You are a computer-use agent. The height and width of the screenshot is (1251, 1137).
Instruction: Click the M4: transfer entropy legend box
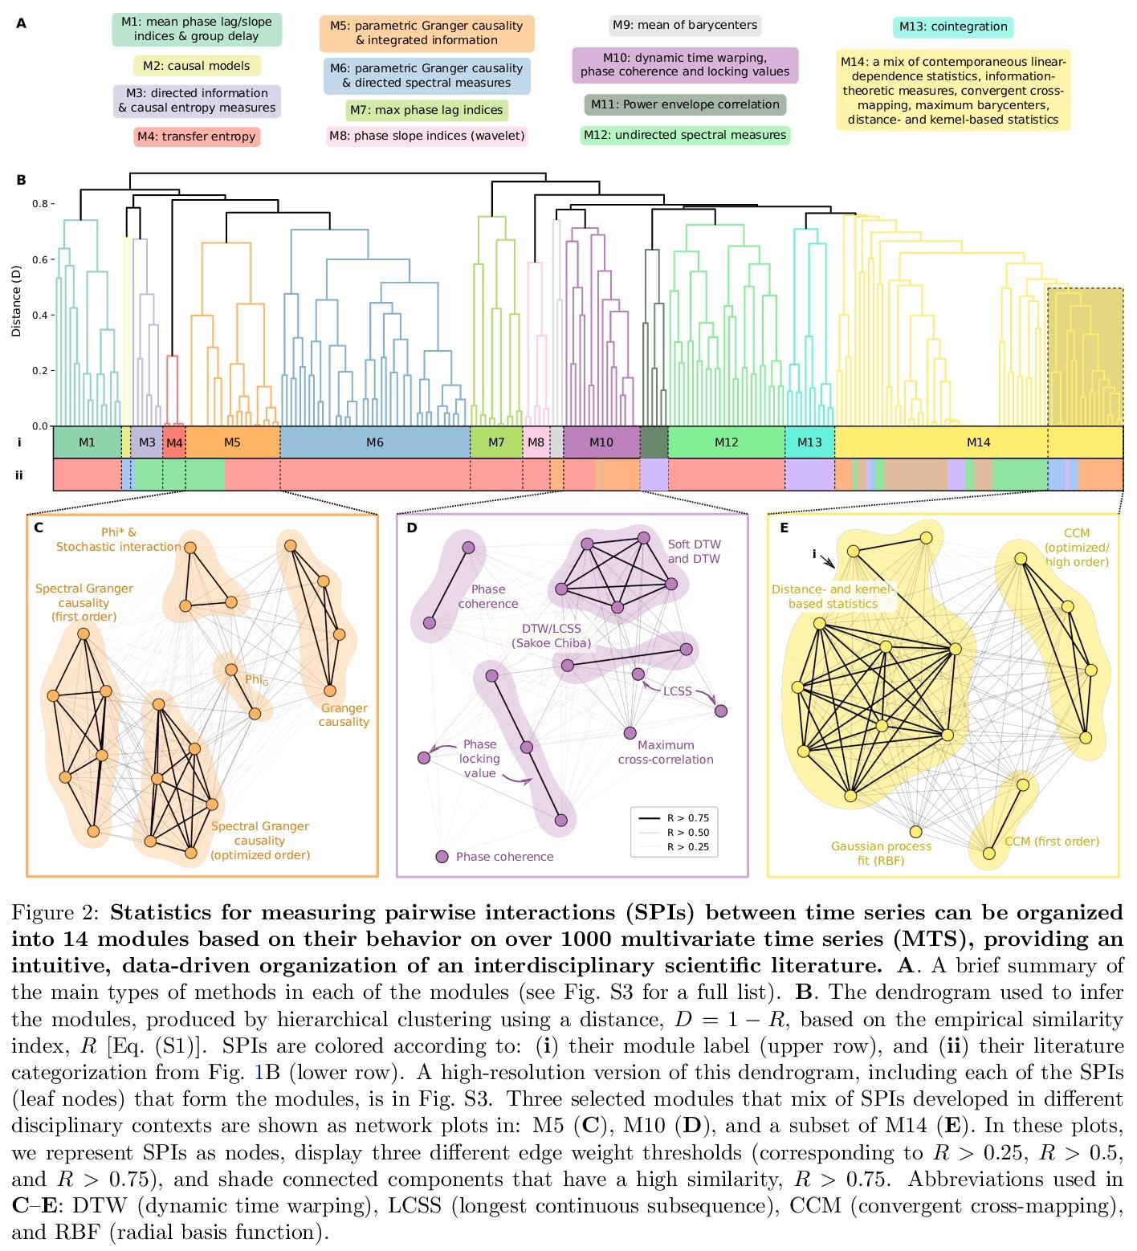click(197, 137)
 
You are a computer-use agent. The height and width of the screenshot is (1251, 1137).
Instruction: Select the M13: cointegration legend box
click(952, 26)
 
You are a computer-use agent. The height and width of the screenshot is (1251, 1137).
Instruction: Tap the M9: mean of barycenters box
click(685, 25)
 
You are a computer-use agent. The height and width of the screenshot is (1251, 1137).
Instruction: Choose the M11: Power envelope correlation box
click(685, 104)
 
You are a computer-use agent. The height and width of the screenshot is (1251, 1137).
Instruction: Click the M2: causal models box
click(197, 66)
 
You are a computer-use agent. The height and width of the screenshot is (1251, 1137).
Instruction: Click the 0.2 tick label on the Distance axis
click(39, 371)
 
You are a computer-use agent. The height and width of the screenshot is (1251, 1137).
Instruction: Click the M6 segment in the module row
click(374, 442)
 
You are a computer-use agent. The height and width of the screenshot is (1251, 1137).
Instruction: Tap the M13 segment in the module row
click(809, 442)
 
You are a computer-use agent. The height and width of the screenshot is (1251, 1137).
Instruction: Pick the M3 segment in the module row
click(147, 442)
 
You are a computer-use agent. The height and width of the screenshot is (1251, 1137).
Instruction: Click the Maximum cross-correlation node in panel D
click(630, 732)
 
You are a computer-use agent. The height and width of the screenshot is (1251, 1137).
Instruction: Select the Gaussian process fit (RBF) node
click(915, 832)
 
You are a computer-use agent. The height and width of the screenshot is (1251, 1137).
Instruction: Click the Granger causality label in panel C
click(344, 715)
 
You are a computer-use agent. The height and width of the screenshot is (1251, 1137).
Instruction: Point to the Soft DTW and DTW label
click(694, 552)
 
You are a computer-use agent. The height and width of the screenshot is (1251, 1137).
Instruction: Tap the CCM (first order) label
click(1052, 841)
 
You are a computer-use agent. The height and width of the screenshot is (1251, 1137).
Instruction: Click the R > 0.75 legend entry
click(687, 818)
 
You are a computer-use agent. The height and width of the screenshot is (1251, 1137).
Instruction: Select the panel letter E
click(784, 528)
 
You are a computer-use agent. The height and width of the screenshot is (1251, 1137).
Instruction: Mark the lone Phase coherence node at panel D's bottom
click(442, 857)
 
